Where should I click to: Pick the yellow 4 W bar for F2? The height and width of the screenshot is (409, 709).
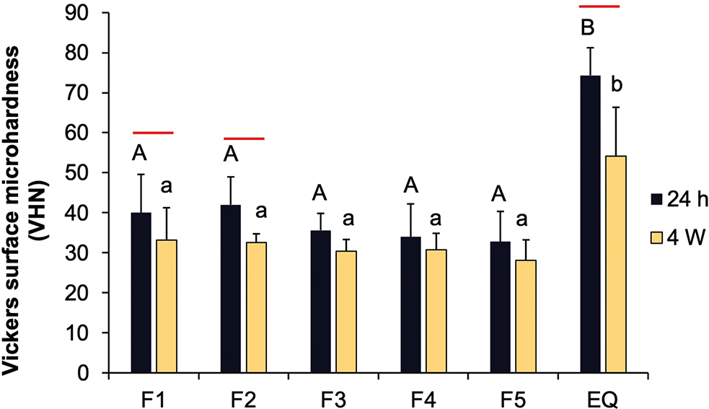(256, 307)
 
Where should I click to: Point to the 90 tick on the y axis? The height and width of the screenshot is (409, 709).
(91, 13)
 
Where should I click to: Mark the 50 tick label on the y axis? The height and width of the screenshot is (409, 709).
(91, 173)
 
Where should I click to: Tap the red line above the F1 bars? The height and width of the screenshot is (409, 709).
(153, 133)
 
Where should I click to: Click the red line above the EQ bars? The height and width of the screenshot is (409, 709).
(599, 6)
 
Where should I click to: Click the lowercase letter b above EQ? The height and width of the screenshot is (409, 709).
(617, 85)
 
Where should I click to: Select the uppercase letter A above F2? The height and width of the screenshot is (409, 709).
(231, 154)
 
